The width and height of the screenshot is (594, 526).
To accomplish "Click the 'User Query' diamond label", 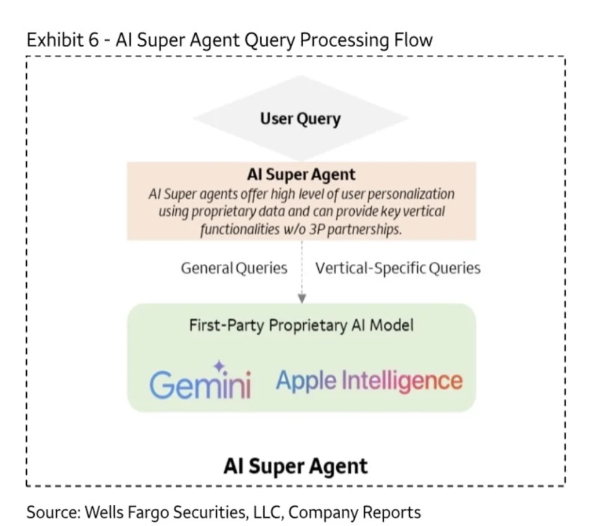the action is click(300, 119).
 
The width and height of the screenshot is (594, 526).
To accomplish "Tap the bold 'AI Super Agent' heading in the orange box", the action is click(301, 175).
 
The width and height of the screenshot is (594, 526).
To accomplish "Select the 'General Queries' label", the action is click(234, 268).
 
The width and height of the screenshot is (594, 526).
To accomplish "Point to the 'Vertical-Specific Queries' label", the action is click(398, 268).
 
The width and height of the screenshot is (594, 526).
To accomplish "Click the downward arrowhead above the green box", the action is click(302, 299).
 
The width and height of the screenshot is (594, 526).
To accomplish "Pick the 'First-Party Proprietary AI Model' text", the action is click(301, 325).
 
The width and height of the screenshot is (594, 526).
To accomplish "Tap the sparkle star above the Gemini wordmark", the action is click(219, 366).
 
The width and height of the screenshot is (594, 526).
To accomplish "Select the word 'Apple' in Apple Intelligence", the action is click(306, 381).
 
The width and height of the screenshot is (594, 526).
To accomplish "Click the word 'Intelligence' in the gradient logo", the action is click(402, 381).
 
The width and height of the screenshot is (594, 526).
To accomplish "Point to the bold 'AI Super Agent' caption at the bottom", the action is click(296, 466).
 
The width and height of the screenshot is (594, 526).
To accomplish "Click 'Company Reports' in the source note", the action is click(354, 513).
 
